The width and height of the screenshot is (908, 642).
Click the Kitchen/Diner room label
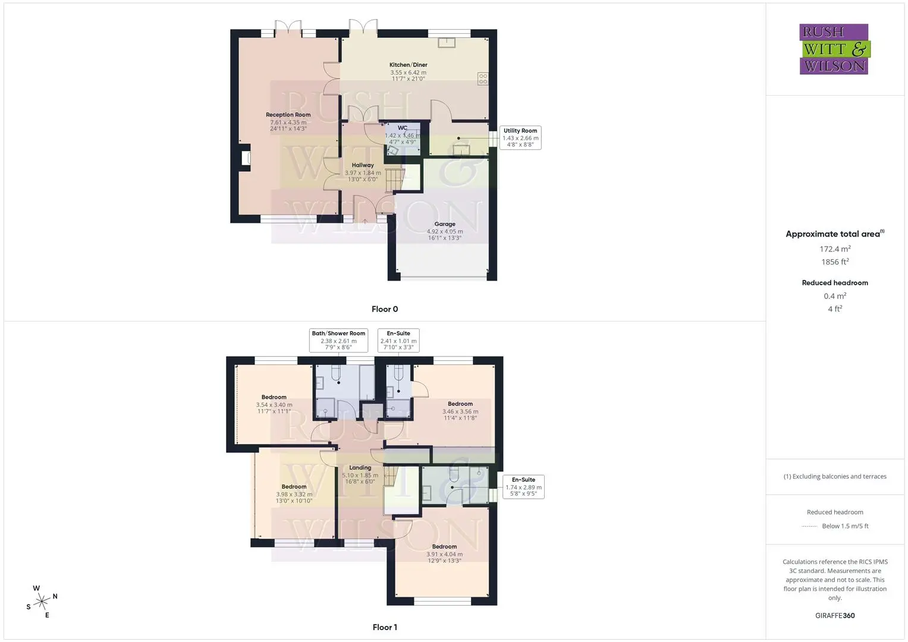(408, 65)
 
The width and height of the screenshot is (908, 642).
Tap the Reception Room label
(288, 115)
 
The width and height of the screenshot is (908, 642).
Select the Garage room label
(445, 224)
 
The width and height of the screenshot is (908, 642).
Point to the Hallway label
(363, 165)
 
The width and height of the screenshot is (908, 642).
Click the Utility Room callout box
(520, 138)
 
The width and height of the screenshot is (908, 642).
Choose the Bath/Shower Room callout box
(338, 341)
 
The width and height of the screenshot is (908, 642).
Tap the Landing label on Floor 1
(360, 468)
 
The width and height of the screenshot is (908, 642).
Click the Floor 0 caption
(385, 309)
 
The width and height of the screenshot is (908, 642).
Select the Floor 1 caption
(385, 627)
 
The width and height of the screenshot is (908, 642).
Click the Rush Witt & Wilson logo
(835, 49)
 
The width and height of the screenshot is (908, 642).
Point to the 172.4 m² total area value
(835, 249)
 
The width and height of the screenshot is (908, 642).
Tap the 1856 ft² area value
(835, 262)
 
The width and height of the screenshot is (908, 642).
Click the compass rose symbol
(42, 602)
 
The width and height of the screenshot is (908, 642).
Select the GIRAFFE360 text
(835, 616)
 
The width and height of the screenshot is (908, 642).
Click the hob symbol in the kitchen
(483, 78)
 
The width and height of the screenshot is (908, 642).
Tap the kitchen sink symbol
(447, 43)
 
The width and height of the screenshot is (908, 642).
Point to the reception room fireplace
(246, 158)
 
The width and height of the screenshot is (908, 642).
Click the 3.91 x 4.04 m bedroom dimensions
(444, 555)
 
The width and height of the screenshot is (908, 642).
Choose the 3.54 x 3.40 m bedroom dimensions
(274, 405)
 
